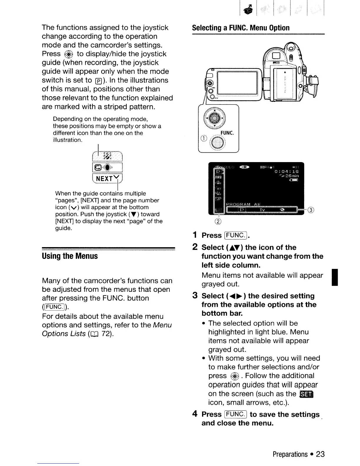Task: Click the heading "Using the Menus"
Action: (x=70, y=256)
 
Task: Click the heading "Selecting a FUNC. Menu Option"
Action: (x=241, y=28)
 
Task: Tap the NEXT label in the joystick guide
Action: (x=104, y=179)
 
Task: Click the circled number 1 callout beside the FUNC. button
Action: (x=202, y=139)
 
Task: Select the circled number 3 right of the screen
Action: (x=311, y=210)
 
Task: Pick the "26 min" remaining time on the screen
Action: (x=290, y=176)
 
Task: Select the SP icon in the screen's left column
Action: (x=218, y=199)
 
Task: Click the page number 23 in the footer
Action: (x=320, y=454)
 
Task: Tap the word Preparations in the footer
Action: (x=290, y=454)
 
